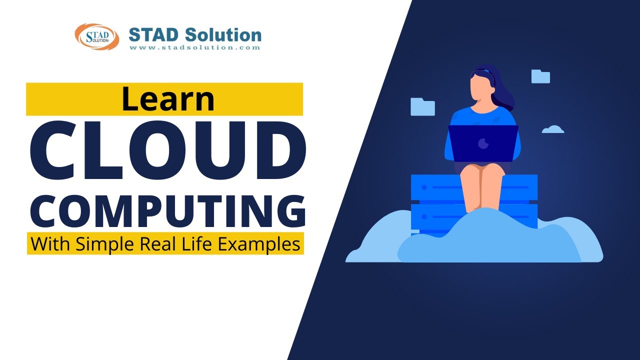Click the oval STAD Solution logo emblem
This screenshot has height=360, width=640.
coord(97,36)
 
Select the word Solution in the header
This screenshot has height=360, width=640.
coord(223,35)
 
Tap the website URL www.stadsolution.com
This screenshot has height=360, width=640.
coord(195,48)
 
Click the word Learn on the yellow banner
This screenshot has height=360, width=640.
coord(167,99)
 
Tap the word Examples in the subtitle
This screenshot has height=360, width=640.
coord(263,244)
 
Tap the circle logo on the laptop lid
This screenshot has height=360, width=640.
coord(483,144)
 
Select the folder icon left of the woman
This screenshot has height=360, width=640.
coord(422,106)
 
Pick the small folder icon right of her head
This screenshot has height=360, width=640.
coord(540,76)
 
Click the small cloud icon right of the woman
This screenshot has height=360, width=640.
coord(553,129)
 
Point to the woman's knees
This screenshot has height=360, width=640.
coord(482,172)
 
